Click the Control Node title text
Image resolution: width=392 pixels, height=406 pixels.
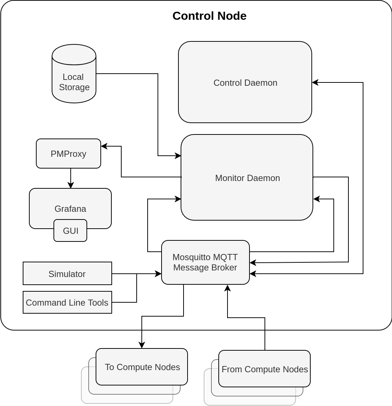(x=209, y=16)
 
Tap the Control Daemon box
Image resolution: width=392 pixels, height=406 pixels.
(x=245, y=82)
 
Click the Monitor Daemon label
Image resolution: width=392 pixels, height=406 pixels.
(x=247, y=178)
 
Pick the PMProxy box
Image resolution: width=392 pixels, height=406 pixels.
(x=69, y=154)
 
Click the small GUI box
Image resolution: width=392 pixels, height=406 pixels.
(x=70, y=230)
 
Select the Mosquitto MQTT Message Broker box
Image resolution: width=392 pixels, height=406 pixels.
(x=205, y=262)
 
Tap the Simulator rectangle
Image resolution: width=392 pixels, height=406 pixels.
(x=67, y=273)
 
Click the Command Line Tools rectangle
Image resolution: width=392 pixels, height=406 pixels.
(x=67, y=302)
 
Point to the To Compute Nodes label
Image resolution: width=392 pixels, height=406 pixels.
(x=142, y=367)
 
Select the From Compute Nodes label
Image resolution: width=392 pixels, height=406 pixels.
(x=265, y=369)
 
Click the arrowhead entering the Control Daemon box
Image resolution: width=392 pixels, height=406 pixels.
(x=315, y=82)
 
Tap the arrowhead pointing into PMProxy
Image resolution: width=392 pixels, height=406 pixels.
(x=104, y=146)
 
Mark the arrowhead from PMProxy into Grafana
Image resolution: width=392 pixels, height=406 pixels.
(x=71, y=186)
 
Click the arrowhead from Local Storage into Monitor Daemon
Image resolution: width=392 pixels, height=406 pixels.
(x=178, y=156)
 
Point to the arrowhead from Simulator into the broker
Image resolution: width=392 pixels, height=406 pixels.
(x=159, y=274)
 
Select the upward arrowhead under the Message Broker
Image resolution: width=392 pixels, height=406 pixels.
(x=228, y=288)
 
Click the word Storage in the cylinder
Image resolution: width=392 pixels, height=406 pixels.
(x=74, y=87)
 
